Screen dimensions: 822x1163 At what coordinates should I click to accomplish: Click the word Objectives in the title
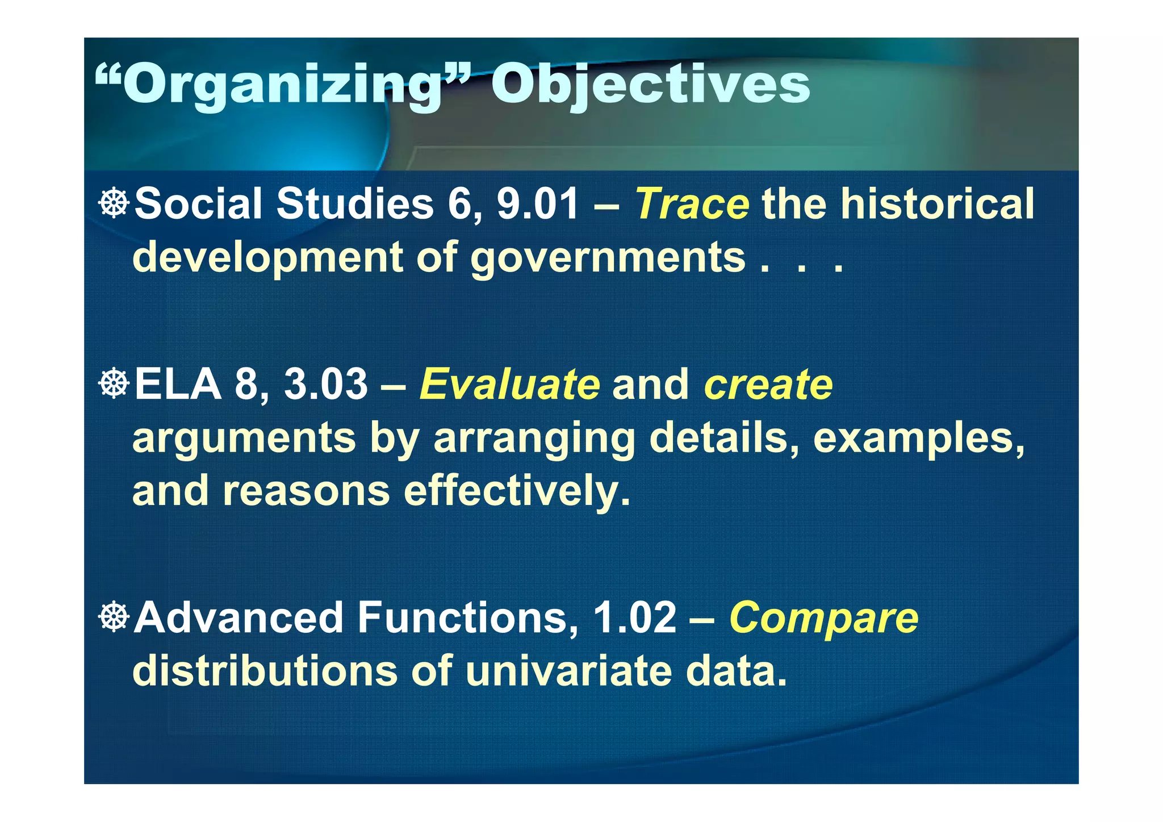(x=650, y=85)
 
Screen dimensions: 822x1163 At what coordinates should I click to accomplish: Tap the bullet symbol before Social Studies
(x=114, y=203)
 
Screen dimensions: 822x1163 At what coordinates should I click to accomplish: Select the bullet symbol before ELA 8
(x=114, y=383)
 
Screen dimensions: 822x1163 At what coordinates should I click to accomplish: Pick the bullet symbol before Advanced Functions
(x=114, y=617)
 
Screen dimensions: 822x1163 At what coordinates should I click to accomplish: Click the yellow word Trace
(x=692, y=205)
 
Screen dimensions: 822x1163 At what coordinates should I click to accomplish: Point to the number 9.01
(x=537, y=205)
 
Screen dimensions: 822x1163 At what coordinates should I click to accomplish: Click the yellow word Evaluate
(x=509, y=385)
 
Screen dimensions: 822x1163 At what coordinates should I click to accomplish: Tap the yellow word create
(x=768, y=385)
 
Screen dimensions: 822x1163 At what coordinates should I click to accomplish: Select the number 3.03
(x=325, y=385)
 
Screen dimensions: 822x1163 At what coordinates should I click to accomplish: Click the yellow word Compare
(x=823, y=619)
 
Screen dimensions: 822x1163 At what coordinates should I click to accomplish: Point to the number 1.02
(x=634, y=619)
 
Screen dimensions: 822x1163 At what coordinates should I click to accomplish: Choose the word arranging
(x=534, y=439)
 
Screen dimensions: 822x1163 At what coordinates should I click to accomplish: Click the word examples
(x=919, y=439)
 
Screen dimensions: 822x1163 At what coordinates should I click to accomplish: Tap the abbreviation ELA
(x=178, y=385)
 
